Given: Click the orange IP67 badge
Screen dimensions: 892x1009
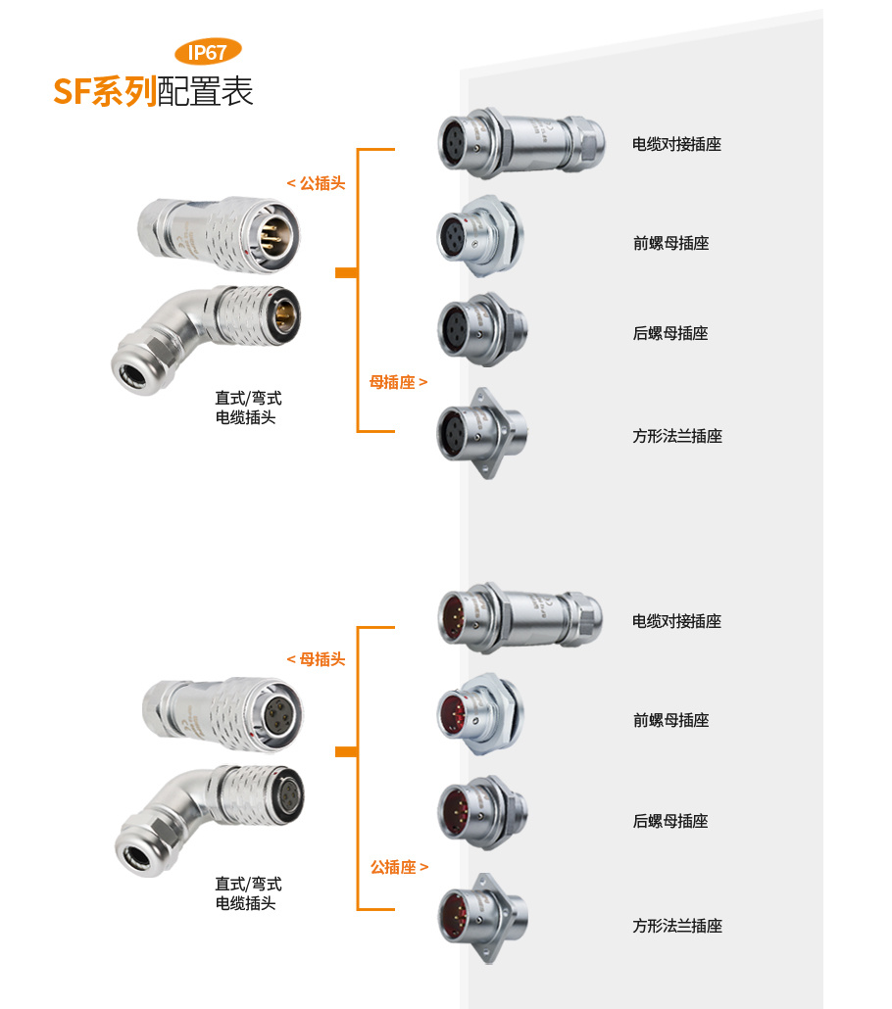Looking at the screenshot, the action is pyautogui.click(x=208, y=52).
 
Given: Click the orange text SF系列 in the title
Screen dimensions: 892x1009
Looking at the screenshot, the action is pyautogui.click(x=105, y=91).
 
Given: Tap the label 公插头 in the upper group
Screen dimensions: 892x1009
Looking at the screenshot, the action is pyautogui.click(x=317, y=183).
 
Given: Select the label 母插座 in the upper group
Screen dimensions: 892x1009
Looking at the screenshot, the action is pyautogui.click(x=398, y=382).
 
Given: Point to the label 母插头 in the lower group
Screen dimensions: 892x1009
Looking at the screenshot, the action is pyautogui.click(x=317, y=659).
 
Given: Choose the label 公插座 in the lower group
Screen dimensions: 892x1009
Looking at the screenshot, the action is pyautogui.click(x=399, y=867).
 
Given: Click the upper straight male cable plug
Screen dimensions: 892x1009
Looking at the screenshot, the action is pyautogui.click(x=219, y=234).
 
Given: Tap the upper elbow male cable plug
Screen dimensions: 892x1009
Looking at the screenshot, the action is pyautogui.click(x=206, y=339).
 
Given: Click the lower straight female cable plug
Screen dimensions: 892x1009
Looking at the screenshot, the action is pyautogui.click(x=223, y=713).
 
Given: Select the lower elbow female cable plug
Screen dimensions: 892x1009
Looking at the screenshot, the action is pyautogui.click(x=210, y=820).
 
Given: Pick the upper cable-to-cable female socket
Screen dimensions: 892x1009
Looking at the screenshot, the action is pyautogui.click(x=521, y=143).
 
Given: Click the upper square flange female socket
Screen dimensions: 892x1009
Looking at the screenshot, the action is pyautogui.click(x=482, y=433).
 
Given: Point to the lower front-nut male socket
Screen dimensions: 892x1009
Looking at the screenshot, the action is pyautogui.click(x=480, y=714).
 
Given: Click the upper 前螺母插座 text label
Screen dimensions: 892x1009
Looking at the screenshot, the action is pyautogui.click(x=670, y=243).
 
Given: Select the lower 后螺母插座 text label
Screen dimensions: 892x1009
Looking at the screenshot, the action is pyautogui.click(x=670, y=821).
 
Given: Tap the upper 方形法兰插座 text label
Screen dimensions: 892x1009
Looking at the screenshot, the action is pyautogui.click(x=677, y=436).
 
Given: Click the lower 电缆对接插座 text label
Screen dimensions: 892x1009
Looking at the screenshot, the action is pyautogui.click(x=677, y=621).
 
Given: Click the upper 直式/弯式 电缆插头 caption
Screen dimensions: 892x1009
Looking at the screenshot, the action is pyautogui.click(x=248, y=408).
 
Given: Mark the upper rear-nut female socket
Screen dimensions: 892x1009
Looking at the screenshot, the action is pyautogui.click(x=482, y=329).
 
